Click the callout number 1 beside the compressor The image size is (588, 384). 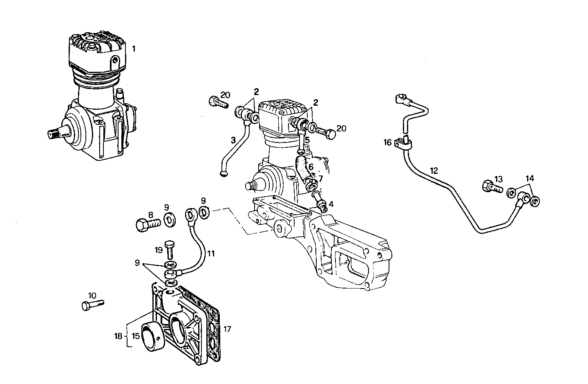134,48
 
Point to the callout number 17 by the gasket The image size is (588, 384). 228,328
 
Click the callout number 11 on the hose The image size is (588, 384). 211,253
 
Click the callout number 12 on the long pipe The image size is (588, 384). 434,171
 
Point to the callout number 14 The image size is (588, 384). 530,178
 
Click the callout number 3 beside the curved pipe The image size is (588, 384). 233,140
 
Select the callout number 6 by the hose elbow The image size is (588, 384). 311,167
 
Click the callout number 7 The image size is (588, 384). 321,179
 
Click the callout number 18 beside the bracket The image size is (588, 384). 118,337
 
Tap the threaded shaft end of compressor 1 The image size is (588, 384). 55,132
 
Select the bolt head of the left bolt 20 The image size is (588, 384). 213,100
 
